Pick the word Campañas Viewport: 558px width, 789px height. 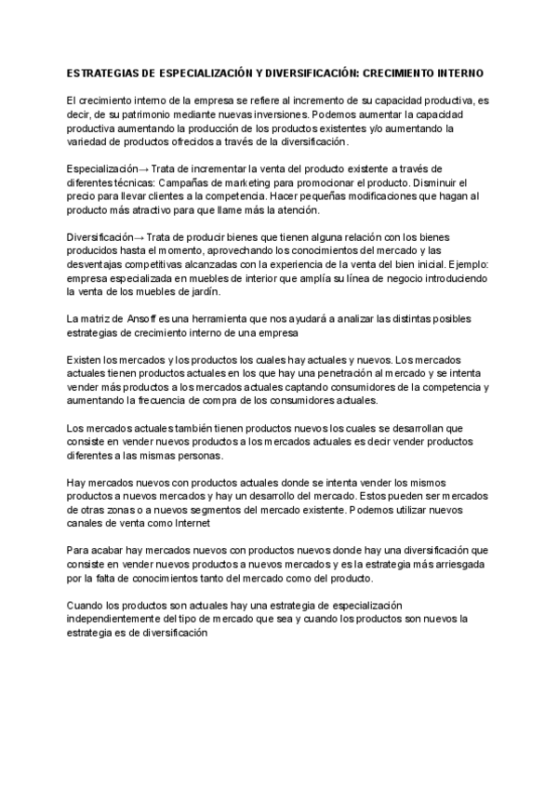coord(173,182)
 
